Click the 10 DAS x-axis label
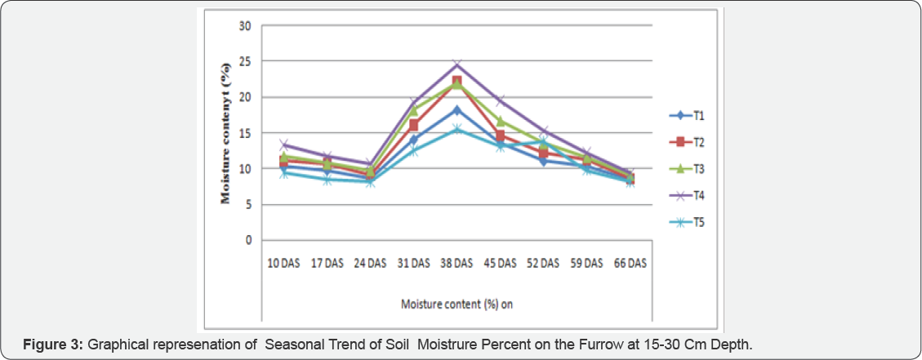[284, 263]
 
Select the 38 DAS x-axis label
[457, 263]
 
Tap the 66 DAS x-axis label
[629, 263]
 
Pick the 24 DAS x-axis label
[370, 263]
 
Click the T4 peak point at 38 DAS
[457, 64]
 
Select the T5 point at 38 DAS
[457, 129]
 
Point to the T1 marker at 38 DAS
[457, 110]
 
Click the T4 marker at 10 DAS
[284, 144]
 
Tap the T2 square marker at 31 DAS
[413, 125]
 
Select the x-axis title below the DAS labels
[457, 304]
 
